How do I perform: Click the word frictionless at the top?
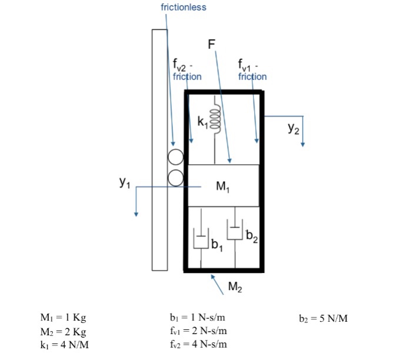[184, 8]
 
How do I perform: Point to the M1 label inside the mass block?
[223, 187]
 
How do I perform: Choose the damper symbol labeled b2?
[236, 231]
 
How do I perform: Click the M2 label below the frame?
[235, 288]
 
